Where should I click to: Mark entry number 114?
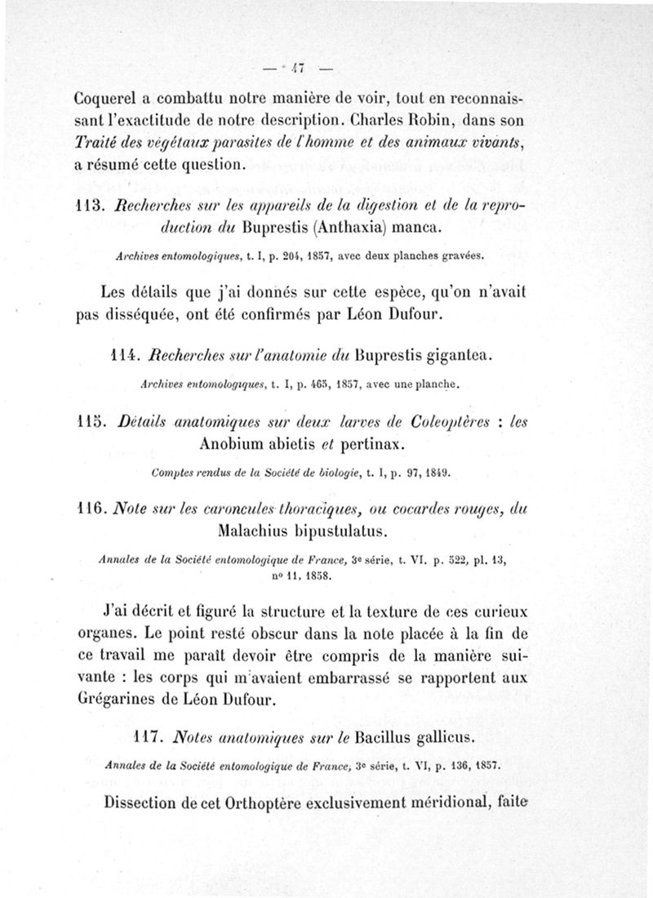click(x=123, y=356)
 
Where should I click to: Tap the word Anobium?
click(x=233, y=444)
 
